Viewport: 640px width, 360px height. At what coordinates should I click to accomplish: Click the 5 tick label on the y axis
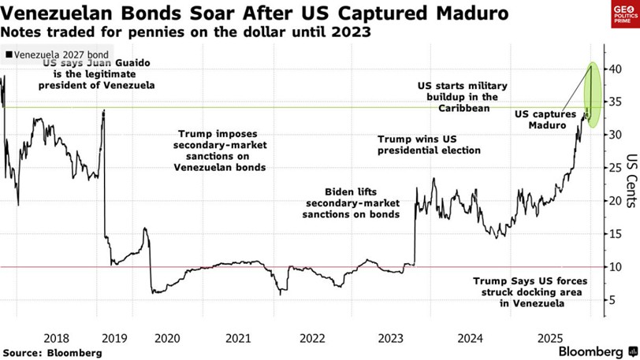608,299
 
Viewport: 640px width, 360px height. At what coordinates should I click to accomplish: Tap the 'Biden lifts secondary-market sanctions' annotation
352,203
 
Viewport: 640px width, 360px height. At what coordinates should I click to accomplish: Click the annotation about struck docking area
519,291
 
